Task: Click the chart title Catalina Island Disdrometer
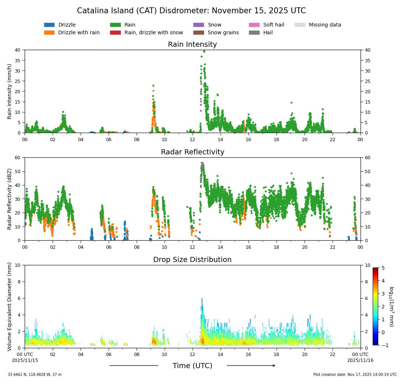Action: (x=191, y=11)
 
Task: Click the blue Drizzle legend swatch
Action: (x=49, y=25)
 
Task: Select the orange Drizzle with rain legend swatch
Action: (x=49, y=33)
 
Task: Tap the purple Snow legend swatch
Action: (x=199, y=25)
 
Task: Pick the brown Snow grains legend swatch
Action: (x=199, y=33)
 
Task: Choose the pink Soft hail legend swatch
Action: (x=254, y=25)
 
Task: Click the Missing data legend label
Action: (x=325, y=25)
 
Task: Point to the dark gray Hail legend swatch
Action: (x=254, y=33)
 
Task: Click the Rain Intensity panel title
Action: (x=192, y=45)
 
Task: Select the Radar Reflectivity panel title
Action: (x=192, y=152)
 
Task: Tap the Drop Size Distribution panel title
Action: (x=192, y=260)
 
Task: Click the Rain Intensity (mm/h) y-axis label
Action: (x=10, y=91)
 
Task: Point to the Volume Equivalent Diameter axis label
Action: (x=10, y=307)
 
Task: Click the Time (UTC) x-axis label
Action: (x=192, y=366)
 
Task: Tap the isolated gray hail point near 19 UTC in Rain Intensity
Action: (x=291, y=102)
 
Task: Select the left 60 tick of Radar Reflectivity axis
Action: (x=18, y=158)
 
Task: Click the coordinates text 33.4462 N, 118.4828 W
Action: (x=35, y=375)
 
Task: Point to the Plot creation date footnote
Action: (x=355, y=375)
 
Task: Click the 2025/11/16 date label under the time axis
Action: (x=360, y=360)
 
